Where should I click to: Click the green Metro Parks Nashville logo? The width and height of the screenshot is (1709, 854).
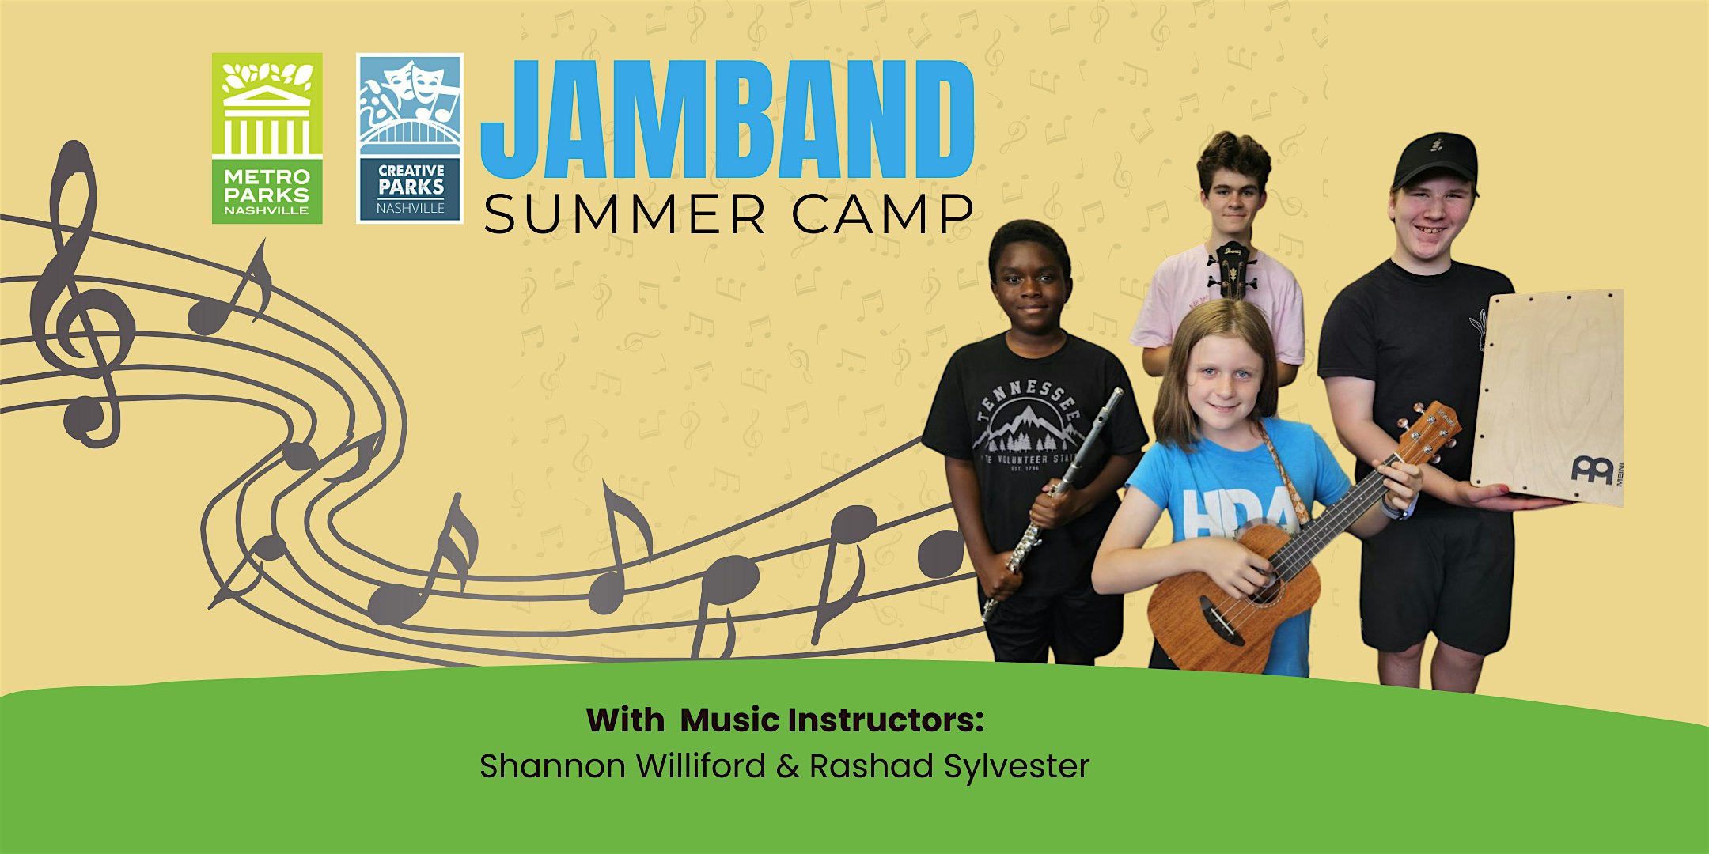[267, 138]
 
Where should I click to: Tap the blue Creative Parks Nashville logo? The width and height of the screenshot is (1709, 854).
[410, 138]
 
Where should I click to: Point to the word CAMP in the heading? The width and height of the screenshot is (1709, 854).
[883, 214]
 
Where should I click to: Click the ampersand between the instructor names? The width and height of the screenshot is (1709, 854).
[787, 766]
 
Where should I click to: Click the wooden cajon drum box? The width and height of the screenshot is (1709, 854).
[1547, 395]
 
